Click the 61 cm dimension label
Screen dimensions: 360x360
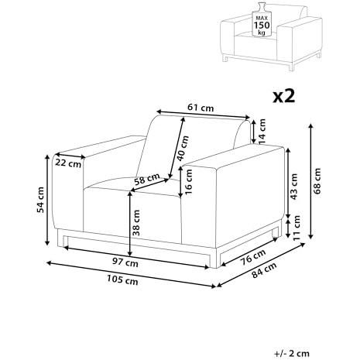click(x=201, y=108)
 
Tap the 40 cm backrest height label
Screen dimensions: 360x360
click(x=183, y=149)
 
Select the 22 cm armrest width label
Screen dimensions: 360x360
click(x=68, y=163)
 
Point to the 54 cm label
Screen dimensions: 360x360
click(x=40, y=200)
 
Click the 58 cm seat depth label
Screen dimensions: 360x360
click(x=147, y=179)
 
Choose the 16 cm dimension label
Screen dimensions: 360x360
click(x=189, y=182)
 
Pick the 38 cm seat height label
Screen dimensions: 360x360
click(x=135, y=223)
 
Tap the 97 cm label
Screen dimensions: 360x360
click(x=125, y=262)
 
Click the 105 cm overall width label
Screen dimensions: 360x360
click(x=122, y=279)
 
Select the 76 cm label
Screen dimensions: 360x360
click(x=253, y=257)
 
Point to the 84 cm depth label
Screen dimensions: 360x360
click(x=264, y=269)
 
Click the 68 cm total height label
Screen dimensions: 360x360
click(x=317, y=180)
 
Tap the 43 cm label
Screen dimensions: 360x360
click(x=293, y=187)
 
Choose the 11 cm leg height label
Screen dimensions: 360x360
click(x=297, y=228)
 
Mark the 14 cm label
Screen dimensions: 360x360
click(x=262, y=132)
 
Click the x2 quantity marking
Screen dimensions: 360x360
click(x=284, y=97)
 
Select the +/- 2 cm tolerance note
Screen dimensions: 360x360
click(x=292, y=353)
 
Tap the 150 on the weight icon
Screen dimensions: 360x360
click(x=262, y=26)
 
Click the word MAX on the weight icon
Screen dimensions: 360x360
click(x=262, y=18)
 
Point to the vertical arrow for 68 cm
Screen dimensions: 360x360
click(x=311, y=181)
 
